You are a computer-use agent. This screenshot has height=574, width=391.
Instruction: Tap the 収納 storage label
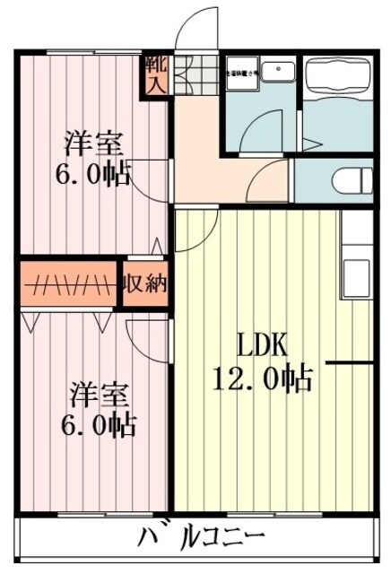pos(145,284)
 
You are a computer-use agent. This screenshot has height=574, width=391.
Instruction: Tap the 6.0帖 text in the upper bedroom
pos(92,174)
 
